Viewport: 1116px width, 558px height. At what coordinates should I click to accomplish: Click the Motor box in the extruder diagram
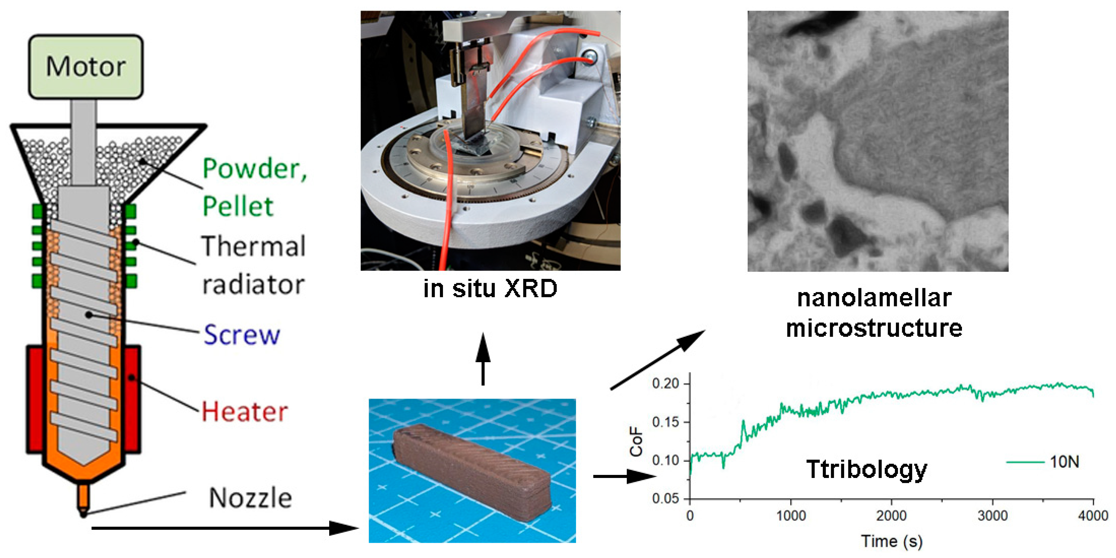tap(86, 67)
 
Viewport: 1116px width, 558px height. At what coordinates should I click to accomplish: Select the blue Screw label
tap(242, 335)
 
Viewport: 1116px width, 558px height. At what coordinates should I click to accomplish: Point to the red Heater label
tap(245, 412)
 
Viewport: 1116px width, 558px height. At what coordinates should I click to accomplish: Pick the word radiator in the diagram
tap(253, 285)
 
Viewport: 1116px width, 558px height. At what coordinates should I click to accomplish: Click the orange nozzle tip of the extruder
tap(83, 503)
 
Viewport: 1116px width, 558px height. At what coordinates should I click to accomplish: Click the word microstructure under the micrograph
tap(874, 328)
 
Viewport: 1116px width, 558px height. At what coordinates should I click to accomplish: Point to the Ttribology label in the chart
tap(866, 469)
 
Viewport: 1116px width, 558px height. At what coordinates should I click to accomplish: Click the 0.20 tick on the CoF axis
tap(665, 384)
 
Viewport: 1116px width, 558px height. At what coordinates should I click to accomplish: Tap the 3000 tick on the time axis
tap(993, 516)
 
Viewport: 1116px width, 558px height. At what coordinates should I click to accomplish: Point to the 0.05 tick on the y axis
tap(665, 499)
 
